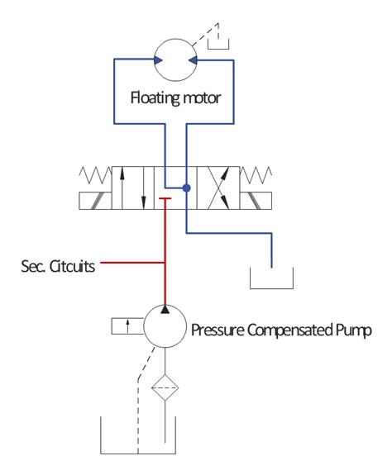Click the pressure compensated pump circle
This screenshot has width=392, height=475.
click(x=165, y=327)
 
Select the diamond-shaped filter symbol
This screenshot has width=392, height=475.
click(x=165, y=387)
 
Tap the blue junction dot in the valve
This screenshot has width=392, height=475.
click(x=187, y=188)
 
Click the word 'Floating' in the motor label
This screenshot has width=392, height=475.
click(x=157, y=99)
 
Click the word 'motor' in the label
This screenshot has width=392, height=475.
click(x=204, y=99)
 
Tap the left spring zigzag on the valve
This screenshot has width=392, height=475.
click(x=94, y=176)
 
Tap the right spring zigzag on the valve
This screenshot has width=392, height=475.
click(x=258, y=176)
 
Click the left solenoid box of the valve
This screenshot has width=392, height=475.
click(x=95, y=201)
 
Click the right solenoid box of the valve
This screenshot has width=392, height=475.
click(x=257, y=201)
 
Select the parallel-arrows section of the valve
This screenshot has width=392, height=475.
click(x=133, y=188)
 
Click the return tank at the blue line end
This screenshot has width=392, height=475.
click(x=272, y=279)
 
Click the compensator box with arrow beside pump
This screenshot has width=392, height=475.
click(x=127, y=326)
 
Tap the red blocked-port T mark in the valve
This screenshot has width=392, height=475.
click(x=165, y=199)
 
